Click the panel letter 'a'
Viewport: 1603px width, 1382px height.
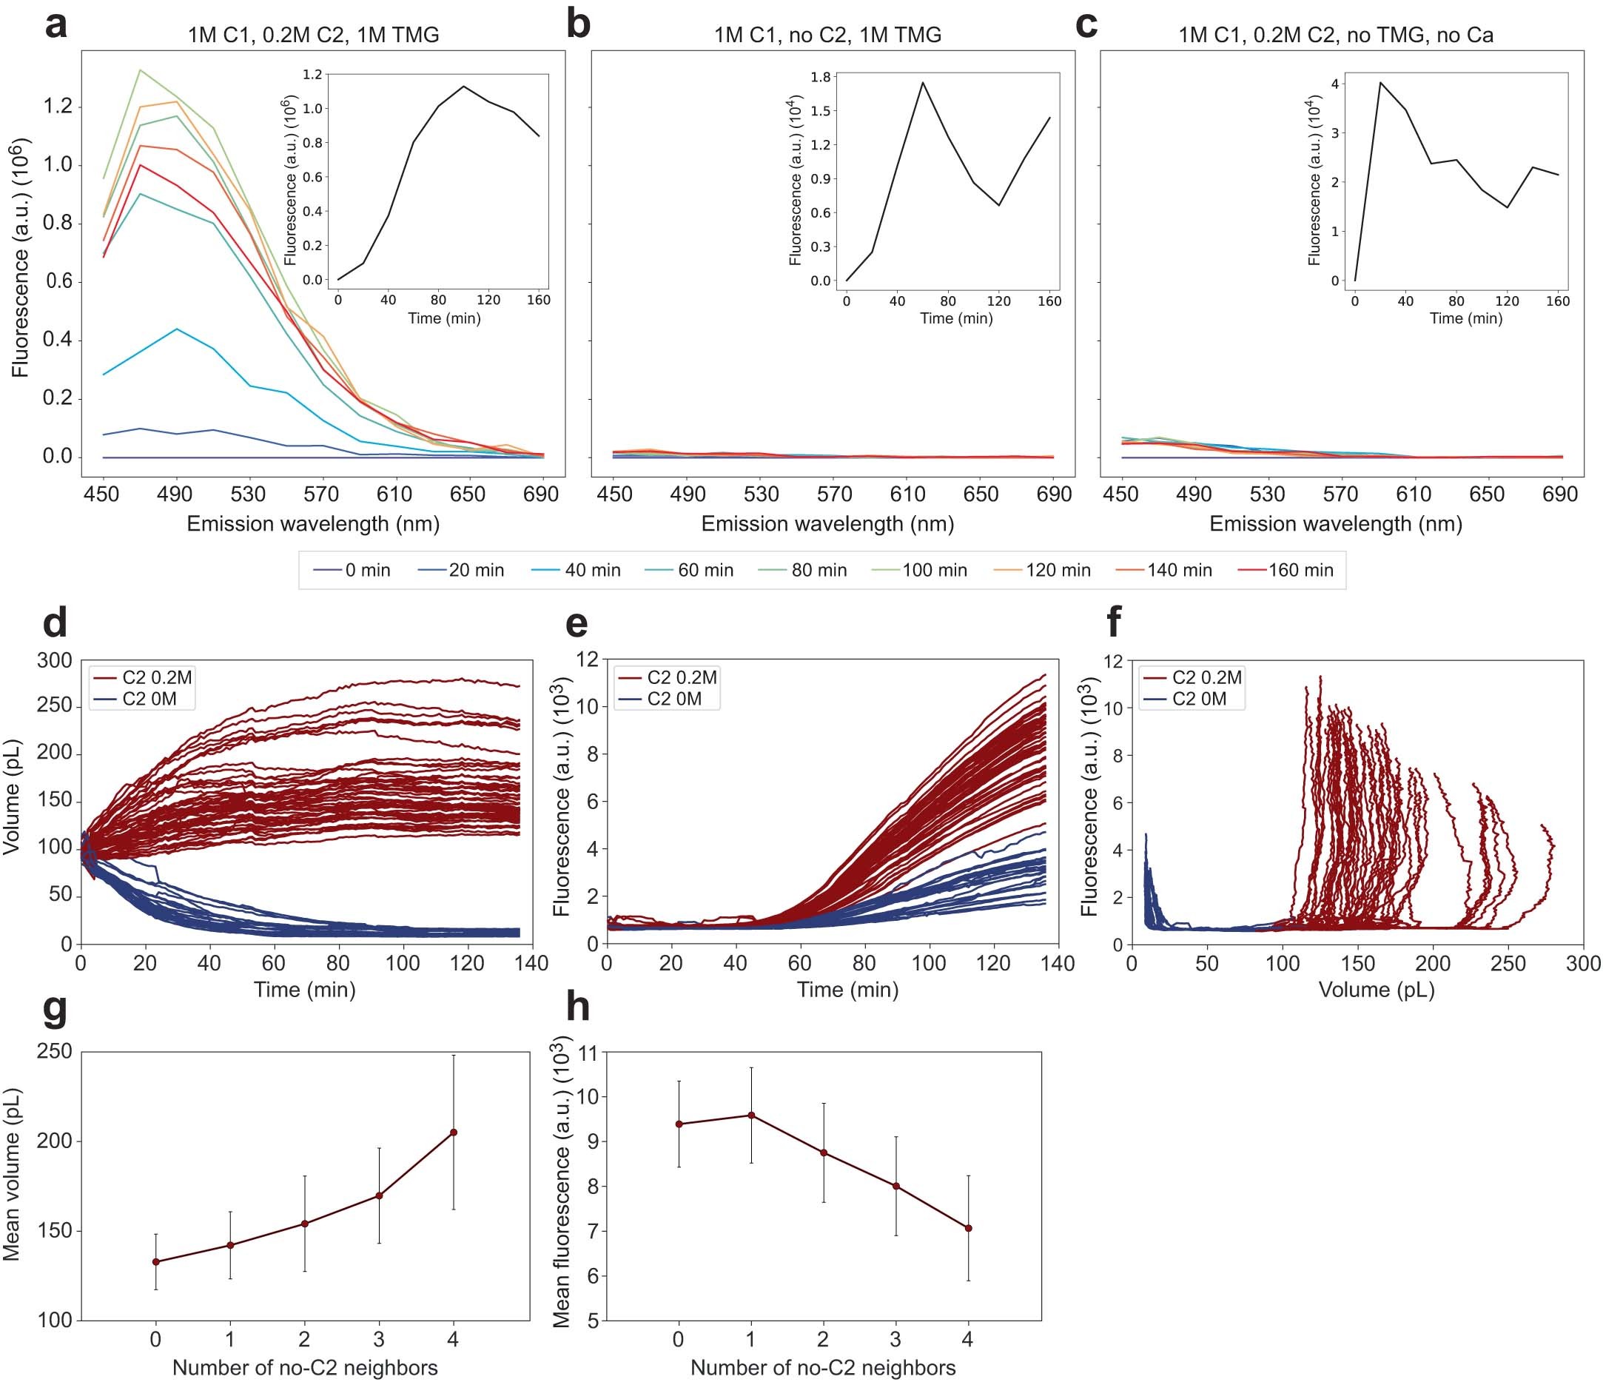pyautogui.click(x=56, y=25)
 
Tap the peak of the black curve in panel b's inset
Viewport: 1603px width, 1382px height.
pyautogui.click(x=922, y=83)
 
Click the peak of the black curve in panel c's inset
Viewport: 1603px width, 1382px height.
pyautogui.click(x=1380, y=82)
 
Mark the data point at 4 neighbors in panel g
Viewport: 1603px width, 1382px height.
pyautogui.click(x=454, y=1132)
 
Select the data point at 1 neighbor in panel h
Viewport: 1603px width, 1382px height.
pyautogui.click(x=750, y=1115)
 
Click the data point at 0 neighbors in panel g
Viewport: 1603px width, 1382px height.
pyautogui.click(x=155, y=1262)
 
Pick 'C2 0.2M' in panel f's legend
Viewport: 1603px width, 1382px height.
pyautogui.click(x=1206, y=678)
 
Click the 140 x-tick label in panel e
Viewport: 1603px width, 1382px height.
pyautogui.click(x=1058, y=963)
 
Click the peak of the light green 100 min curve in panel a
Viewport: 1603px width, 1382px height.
pyautogui.click(x=140, y=70)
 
